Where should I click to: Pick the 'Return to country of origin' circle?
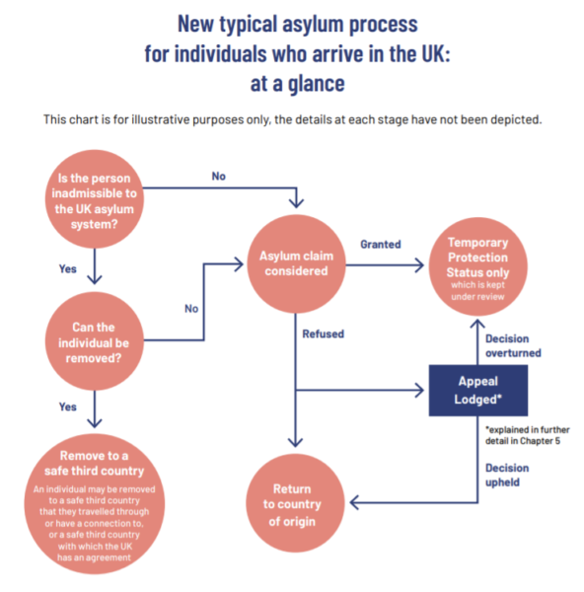point(292,503)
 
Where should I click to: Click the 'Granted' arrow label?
point(380,244)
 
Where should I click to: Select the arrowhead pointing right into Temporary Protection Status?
point(421,263)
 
